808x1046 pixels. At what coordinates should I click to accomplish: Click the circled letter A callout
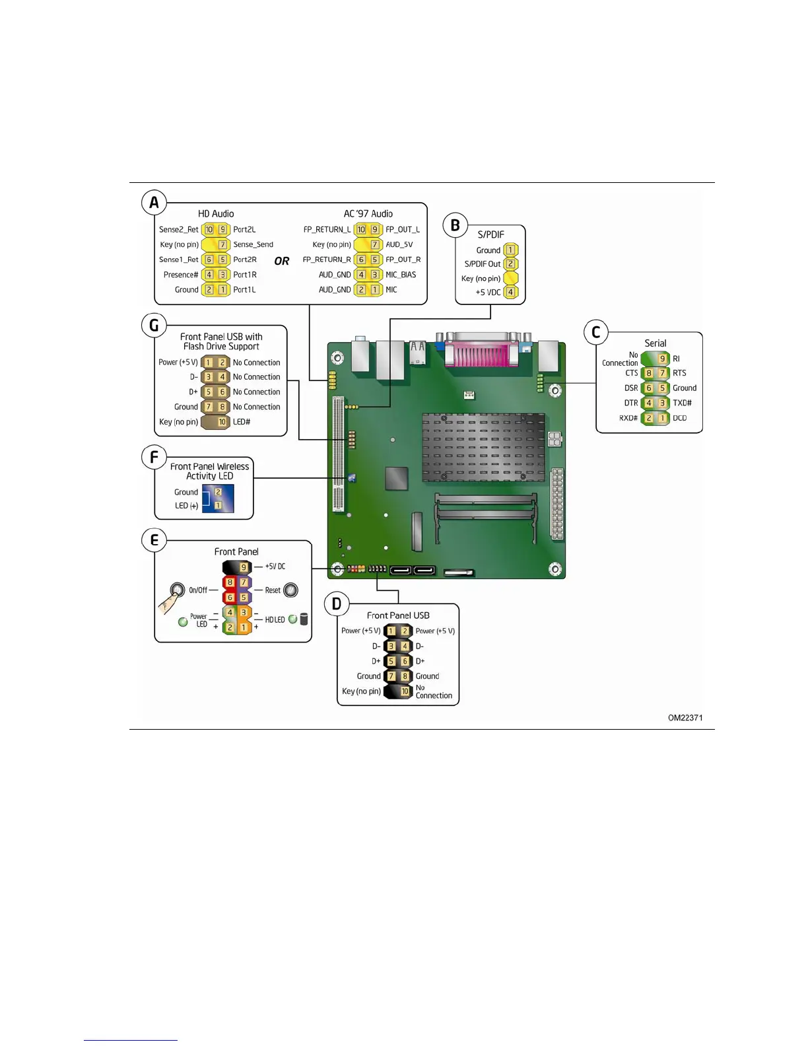(x=154, y=203)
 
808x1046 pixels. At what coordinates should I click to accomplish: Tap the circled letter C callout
(x=595, y=332)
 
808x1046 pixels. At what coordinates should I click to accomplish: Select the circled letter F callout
(x=154, y=457)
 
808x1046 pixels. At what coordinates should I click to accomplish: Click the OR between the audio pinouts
(x=282, y=261)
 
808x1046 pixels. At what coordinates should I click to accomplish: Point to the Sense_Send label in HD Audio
(x=253, y=244)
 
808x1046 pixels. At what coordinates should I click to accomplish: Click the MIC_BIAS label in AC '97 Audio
(x=401, y=275)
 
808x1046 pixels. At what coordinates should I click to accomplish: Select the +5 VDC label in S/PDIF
(x=488, y=292)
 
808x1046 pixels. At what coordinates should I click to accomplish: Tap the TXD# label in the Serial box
(x=682, y=403)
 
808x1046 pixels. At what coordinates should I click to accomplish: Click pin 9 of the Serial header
(x=662, y=359)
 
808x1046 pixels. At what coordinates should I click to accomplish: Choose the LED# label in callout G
(x=242, y=422)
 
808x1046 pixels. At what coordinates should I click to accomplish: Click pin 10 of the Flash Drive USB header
(x=222, y=422)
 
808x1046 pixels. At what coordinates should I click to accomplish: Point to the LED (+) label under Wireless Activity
(x=186, y=506)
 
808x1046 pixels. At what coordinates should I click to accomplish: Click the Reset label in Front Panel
(x=273, y=590)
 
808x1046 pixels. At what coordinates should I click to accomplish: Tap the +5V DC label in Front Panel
(x=275, y=567)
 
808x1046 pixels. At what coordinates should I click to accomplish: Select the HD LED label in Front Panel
(x=275, y=619)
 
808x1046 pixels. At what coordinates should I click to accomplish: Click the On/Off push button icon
(x=177, y=590)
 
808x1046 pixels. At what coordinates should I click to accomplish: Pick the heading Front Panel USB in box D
(x=398, y=615)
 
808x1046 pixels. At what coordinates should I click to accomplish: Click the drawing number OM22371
(x=685, y=718)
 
